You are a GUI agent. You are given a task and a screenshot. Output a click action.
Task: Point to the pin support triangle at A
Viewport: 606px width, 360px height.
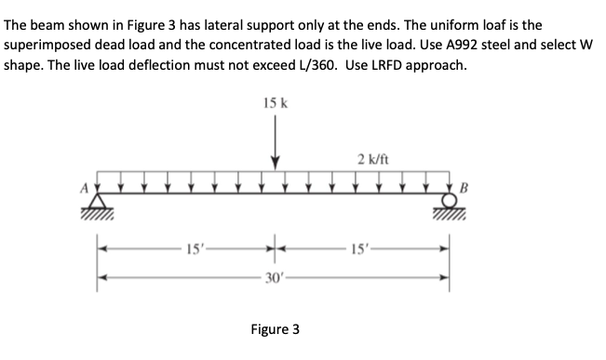(x=100, y=202)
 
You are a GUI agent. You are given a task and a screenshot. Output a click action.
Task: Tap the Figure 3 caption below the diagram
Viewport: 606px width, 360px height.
(x=276, y=328)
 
